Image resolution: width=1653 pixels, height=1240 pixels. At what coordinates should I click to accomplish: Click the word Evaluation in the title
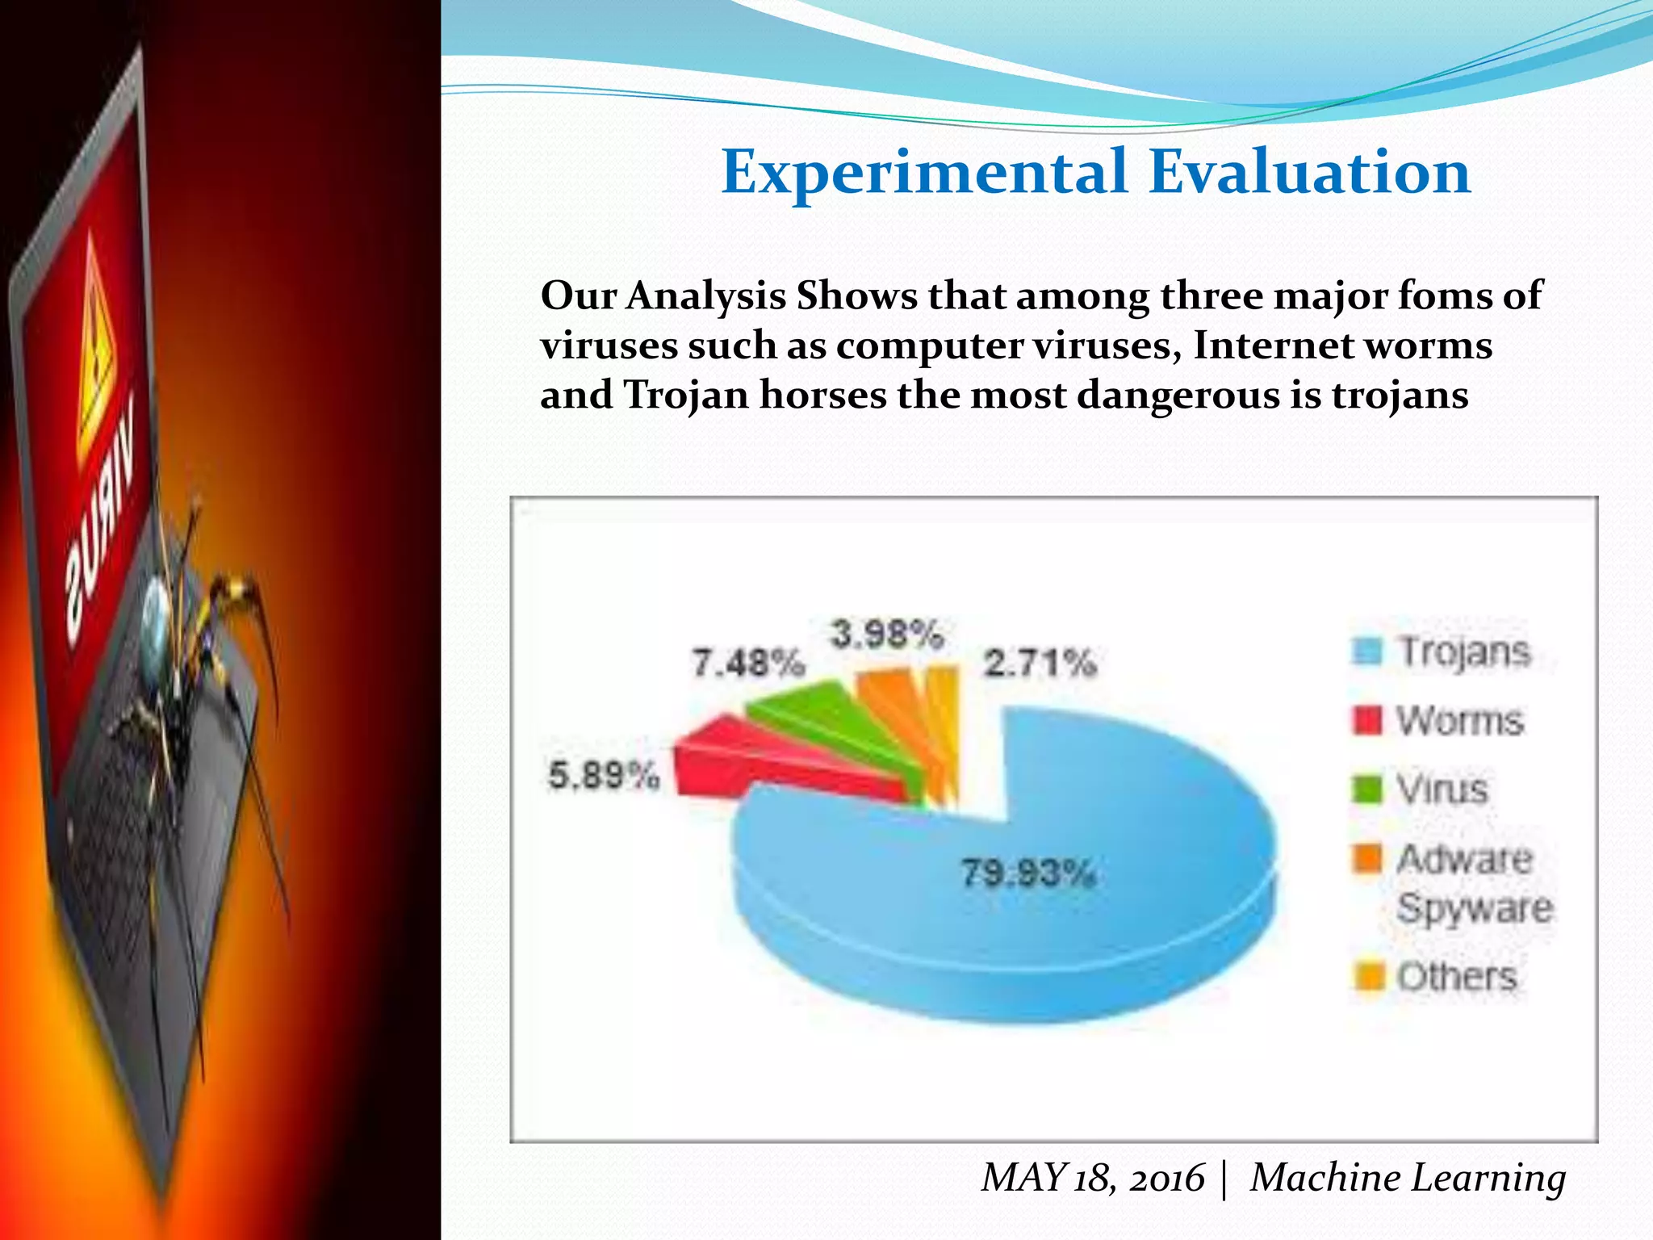click(1309, 172)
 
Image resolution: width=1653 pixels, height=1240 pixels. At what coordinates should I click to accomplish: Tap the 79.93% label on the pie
click(1027, 873)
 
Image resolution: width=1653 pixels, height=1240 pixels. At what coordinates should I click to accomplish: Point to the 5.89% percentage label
click(604, 776)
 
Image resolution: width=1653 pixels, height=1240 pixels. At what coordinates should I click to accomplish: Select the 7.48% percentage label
click(748, 664)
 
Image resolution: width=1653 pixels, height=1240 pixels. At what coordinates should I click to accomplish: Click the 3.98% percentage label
click(886, 635)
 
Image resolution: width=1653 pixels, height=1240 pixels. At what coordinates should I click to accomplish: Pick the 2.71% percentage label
click(1040, 664)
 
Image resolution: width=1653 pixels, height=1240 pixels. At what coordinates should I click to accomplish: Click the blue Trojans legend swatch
click(1367, 651)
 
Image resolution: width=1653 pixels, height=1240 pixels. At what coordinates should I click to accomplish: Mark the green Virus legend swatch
click(1367, 789)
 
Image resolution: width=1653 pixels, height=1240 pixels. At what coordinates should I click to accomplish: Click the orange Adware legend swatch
click(1367, 858)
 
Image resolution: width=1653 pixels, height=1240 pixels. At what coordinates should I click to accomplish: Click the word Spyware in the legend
click(1475, 908)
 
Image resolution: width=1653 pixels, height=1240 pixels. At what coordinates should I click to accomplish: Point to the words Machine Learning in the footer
click(1408, 1177)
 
